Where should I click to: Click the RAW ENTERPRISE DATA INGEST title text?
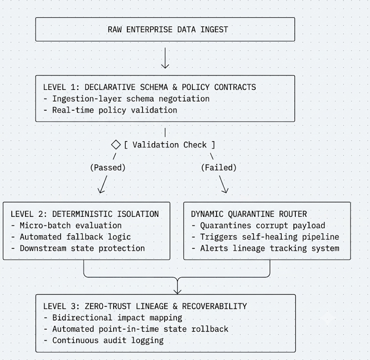click(x=168, y=30)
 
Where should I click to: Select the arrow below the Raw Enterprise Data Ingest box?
click(x=165, y=58)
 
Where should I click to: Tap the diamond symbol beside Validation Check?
click(x=116, y=145)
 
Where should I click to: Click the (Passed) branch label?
click(x=108, y=168)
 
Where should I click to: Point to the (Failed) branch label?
click(x=219, y=168)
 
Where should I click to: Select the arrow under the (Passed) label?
click(x=103, y=184)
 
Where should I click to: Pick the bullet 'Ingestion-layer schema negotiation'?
click(x=127, y=99)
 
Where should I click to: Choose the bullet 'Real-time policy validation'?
click(x=110, y=110)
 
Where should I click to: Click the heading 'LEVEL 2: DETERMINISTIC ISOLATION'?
click(x=85, y=214)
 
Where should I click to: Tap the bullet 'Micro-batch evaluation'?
click(x=66, y=226)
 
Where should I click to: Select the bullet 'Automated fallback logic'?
click(x=71, y=237)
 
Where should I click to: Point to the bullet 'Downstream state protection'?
click(x=78, y=248)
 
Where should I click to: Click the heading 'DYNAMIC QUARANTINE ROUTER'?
click(x=249, y=214)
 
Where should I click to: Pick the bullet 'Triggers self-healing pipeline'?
click(x=265, y=237)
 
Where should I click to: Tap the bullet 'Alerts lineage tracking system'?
click(x=265, y=248)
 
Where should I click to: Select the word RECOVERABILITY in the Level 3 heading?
click(x=215, y=306)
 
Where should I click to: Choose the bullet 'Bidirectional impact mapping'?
click(x=113, y=318)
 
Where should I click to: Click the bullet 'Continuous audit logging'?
click(x=104, y=340)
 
